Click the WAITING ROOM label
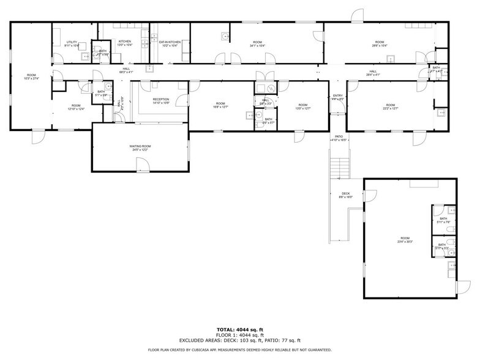(140, 146)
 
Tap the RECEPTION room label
(161, 99)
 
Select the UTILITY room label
(72, 42)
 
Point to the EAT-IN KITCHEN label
(170, 42)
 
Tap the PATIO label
(339, 137)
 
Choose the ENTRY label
(338, 96)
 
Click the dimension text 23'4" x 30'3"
(405, 242)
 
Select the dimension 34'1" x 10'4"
(257, 46)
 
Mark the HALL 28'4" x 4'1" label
(373, 73)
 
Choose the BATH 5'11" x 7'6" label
(443, 221)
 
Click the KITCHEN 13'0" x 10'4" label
(124, 43)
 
